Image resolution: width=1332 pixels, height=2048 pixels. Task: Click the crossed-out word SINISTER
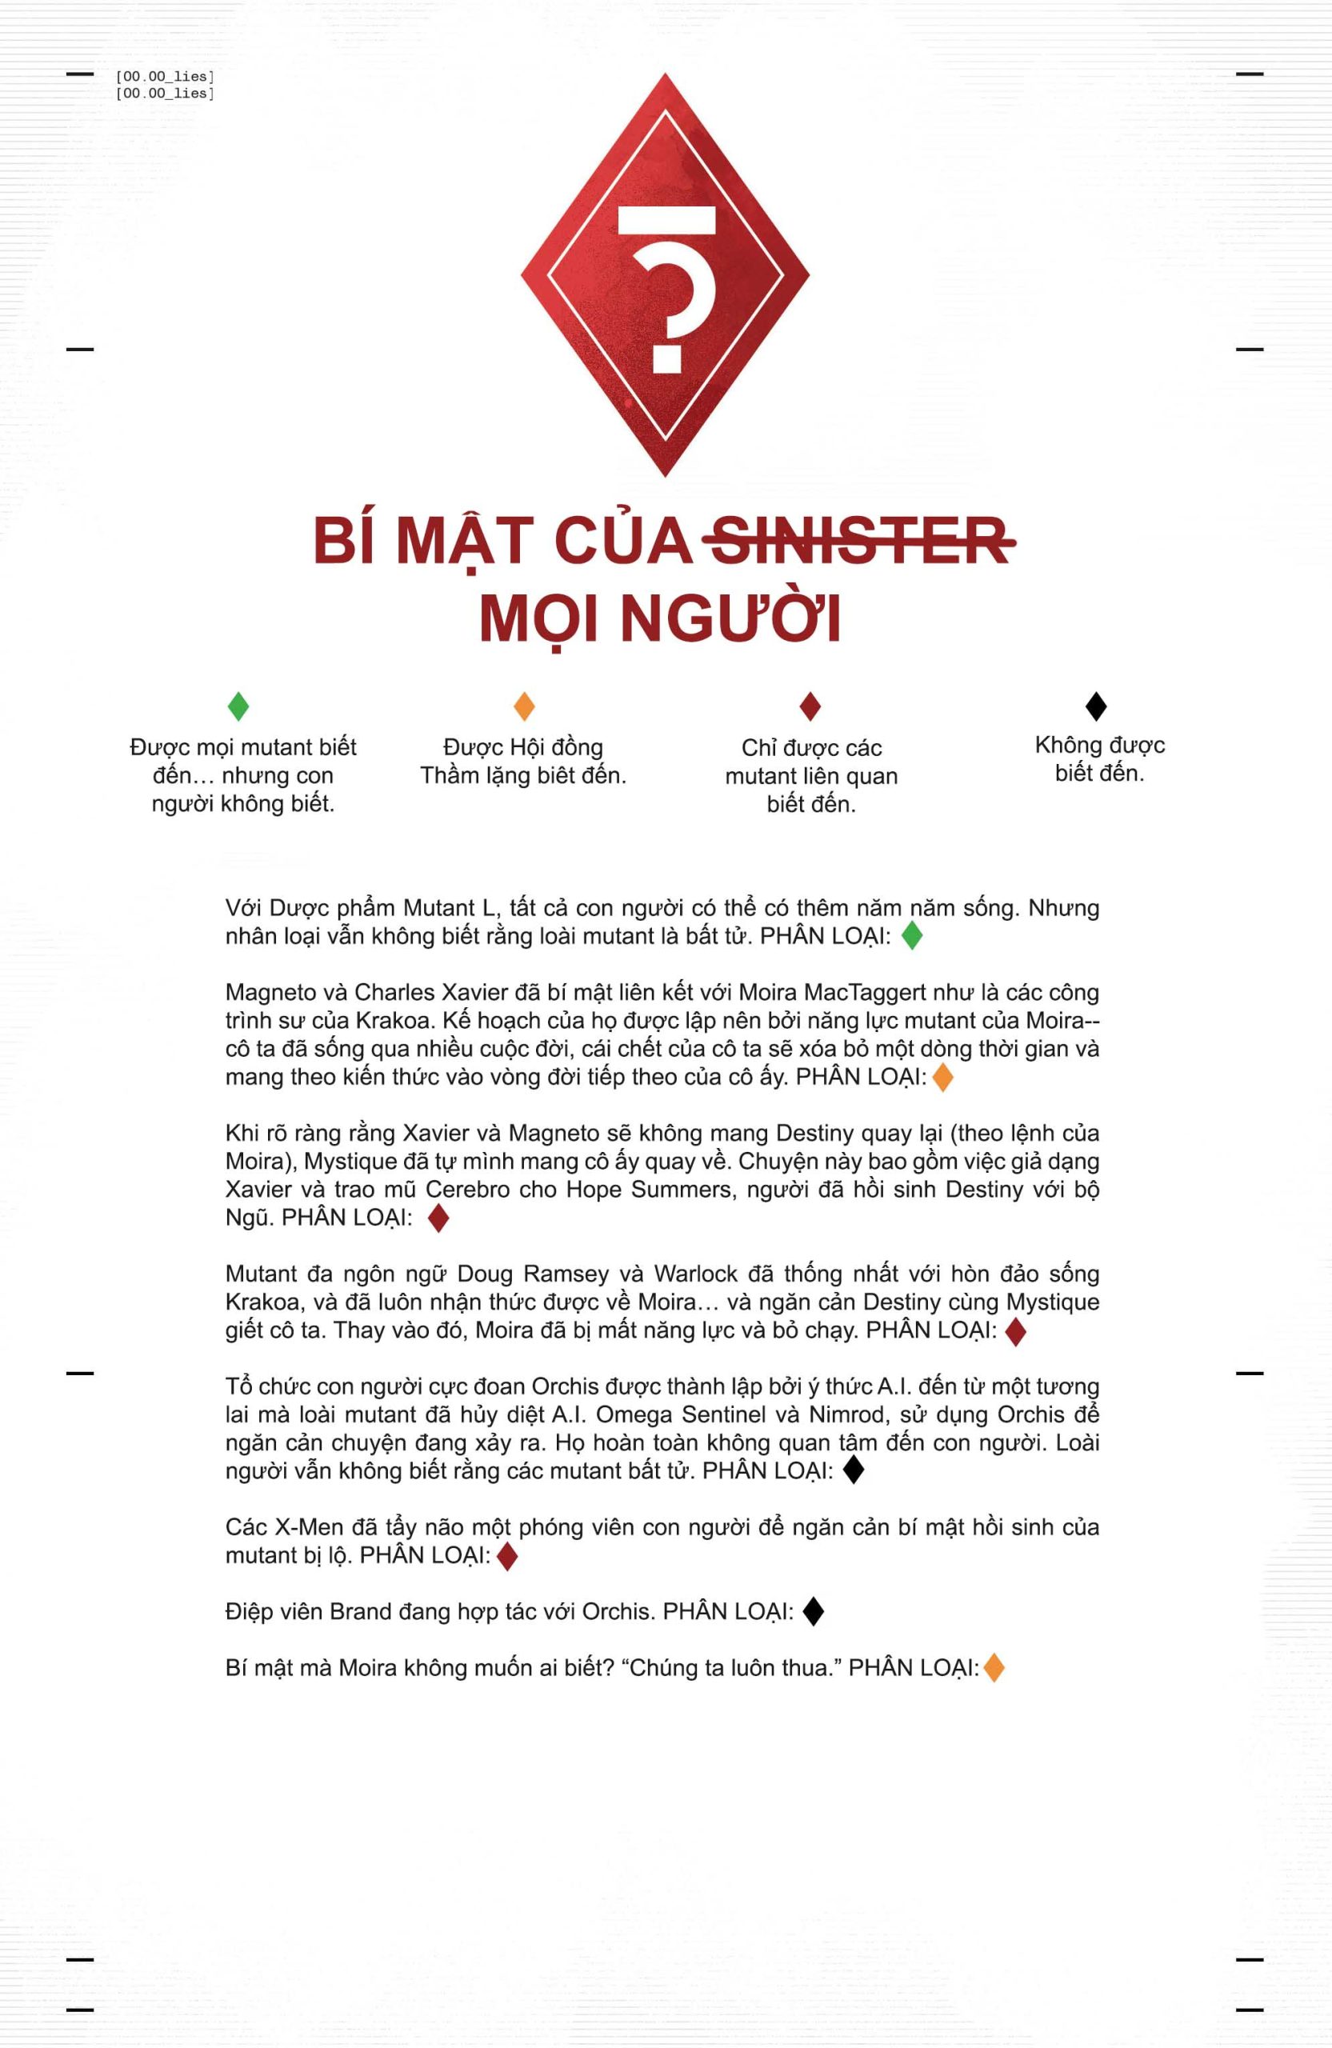click(x=860, y=542)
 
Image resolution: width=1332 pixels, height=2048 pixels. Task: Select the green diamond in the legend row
click(x=238, y=706)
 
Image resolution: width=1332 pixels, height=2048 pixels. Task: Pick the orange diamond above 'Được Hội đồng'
click(x=524, y=706)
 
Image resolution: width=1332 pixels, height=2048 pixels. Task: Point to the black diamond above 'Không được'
click(x=1095, y=706)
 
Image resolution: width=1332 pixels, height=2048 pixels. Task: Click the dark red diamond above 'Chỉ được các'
click(x=810, y=706)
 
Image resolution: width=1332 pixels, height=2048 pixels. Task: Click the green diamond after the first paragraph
click(x=912, y=935)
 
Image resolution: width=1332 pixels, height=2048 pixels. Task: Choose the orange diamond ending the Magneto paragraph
click(x=943, y=1077)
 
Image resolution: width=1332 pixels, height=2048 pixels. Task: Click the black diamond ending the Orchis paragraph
click(x=853, y=1470)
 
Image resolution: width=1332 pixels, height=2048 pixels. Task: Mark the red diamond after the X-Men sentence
click(x=508, y=1556)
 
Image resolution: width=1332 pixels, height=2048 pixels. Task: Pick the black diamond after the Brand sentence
click(x=813, y=1612)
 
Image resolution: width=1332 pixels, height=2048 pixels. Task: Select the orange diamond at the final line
click(x=994, y=1668)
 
